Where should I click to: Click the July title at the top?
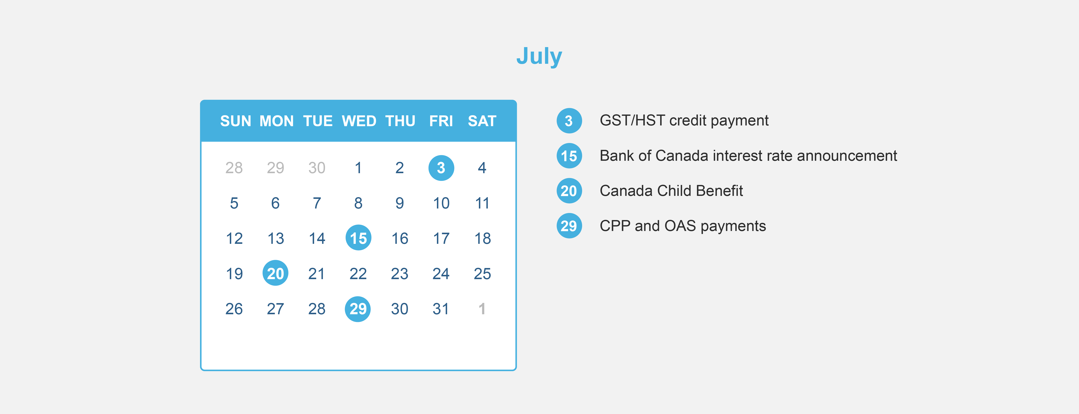(539, 57)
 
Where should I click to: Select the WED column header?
(359, 121)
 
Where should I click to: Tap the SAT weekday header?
(482, 121)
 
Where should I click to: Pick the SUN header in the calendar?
(235, 121)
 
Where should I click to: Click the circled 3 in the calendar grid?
(441, 168)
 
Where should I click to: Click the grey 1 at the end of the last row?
(482, 309)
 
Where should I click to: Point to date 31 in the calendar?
(441, 309)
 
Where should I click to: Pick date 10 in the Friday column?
(441, 203)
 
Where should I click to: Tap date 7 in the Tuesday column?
(317, 203)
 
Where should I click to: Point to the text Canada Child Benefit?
(671, 191)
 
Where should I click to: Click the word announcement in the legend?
(847, 156)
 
